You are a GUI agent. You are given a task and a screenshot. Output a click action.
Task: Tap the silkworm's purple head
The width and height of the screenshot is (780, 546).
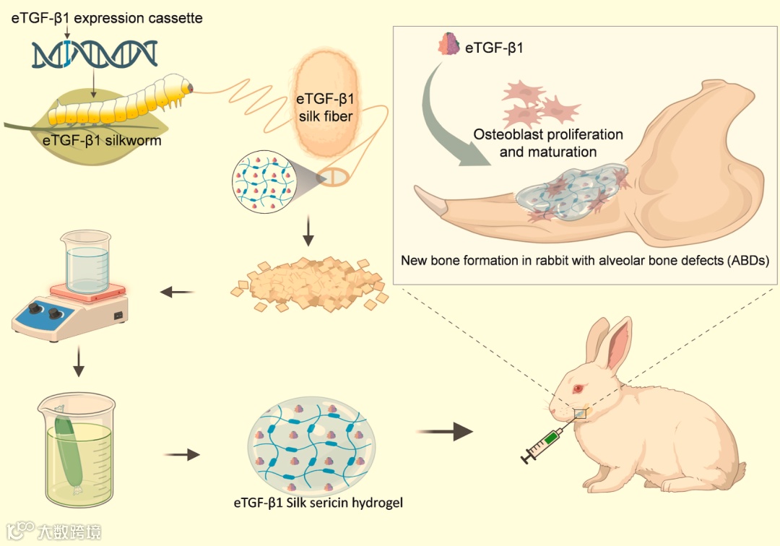tap(189, 87)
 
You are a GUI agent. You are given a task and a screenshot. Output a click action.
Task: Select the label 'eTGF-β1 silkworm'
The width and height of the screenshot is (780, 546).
tap(102, 140)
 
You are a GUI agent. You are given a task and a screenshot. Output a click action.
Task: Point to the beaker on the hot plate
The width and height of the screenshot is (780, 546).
tap(86, 259)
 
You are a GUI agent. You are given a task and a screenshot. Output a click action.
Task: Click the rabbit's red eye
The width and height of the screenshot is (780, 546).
tap(578, 389)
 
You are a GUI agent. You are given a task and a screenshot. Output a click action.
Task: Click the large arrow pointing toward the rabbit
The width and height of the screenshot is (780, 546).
tap(446, 432)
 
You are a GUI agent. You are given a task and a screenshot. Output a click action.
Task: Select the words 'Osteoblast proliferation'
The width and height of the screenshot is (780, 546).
tap(548, 134)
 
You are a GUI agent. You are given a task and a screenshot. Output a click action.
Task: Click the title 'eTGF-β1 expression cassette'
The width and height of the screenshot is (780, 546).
tap(106, 17)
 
